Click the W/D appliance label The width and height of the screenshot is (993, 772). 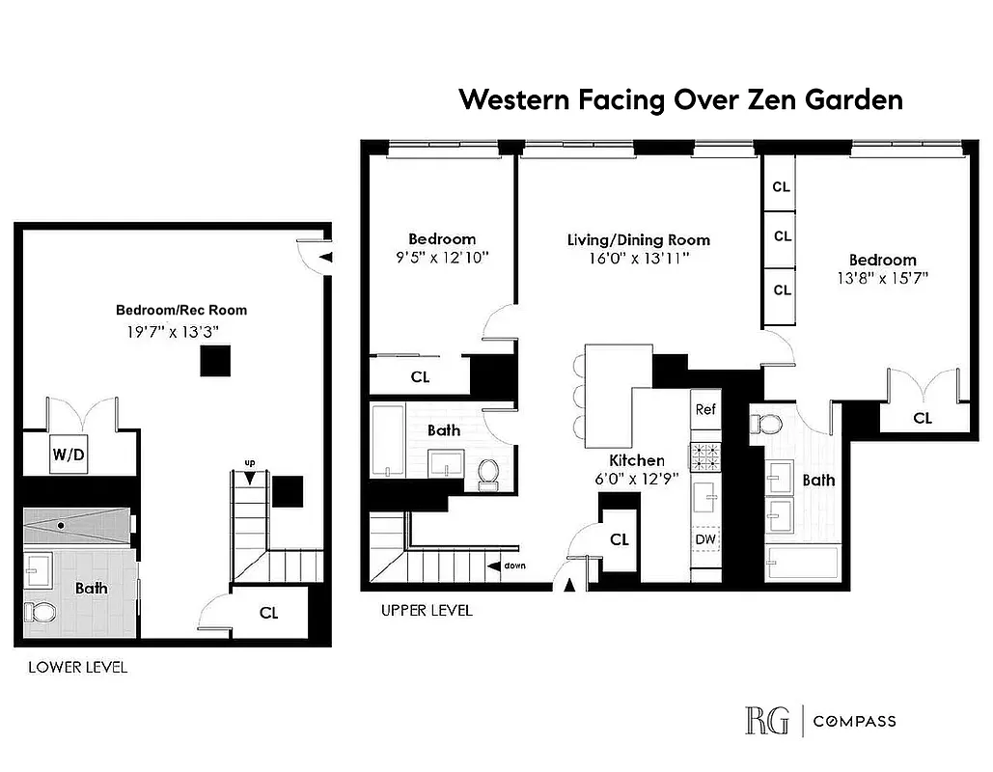[x=69, y=455]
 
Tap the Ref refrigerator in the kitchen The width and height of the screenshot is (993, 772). [x=705, y=410]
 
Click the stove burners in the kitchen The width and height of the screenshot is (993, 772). [x=705, y=455]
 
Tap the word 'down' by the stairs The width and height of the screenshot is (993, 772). [x=513, y=565]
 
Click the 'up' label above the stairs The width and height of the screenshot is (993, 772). [x=249, y=463]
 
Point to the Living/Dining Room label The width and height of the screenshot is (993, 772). [x=638, y=240]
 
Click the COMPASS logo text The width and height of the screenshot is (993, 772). [x=854, y=721]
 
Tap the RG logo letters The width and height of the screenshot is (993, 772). [x=766, y=721]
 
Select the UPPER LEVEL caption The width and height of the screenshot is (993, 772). [x=427, y=610]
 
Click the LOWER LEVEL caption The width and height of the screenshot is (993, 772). [x=77, y=667]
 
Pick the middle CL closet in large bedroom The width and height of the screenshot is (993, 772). [x=782, y=235]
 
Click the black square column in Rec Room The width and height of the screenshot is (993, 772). [x=216, y=360]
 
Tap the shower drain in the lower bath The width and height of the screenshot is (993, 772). [x=61, y=526]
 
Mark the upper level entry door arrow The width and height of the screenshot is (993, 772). [x=569, y=584]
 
